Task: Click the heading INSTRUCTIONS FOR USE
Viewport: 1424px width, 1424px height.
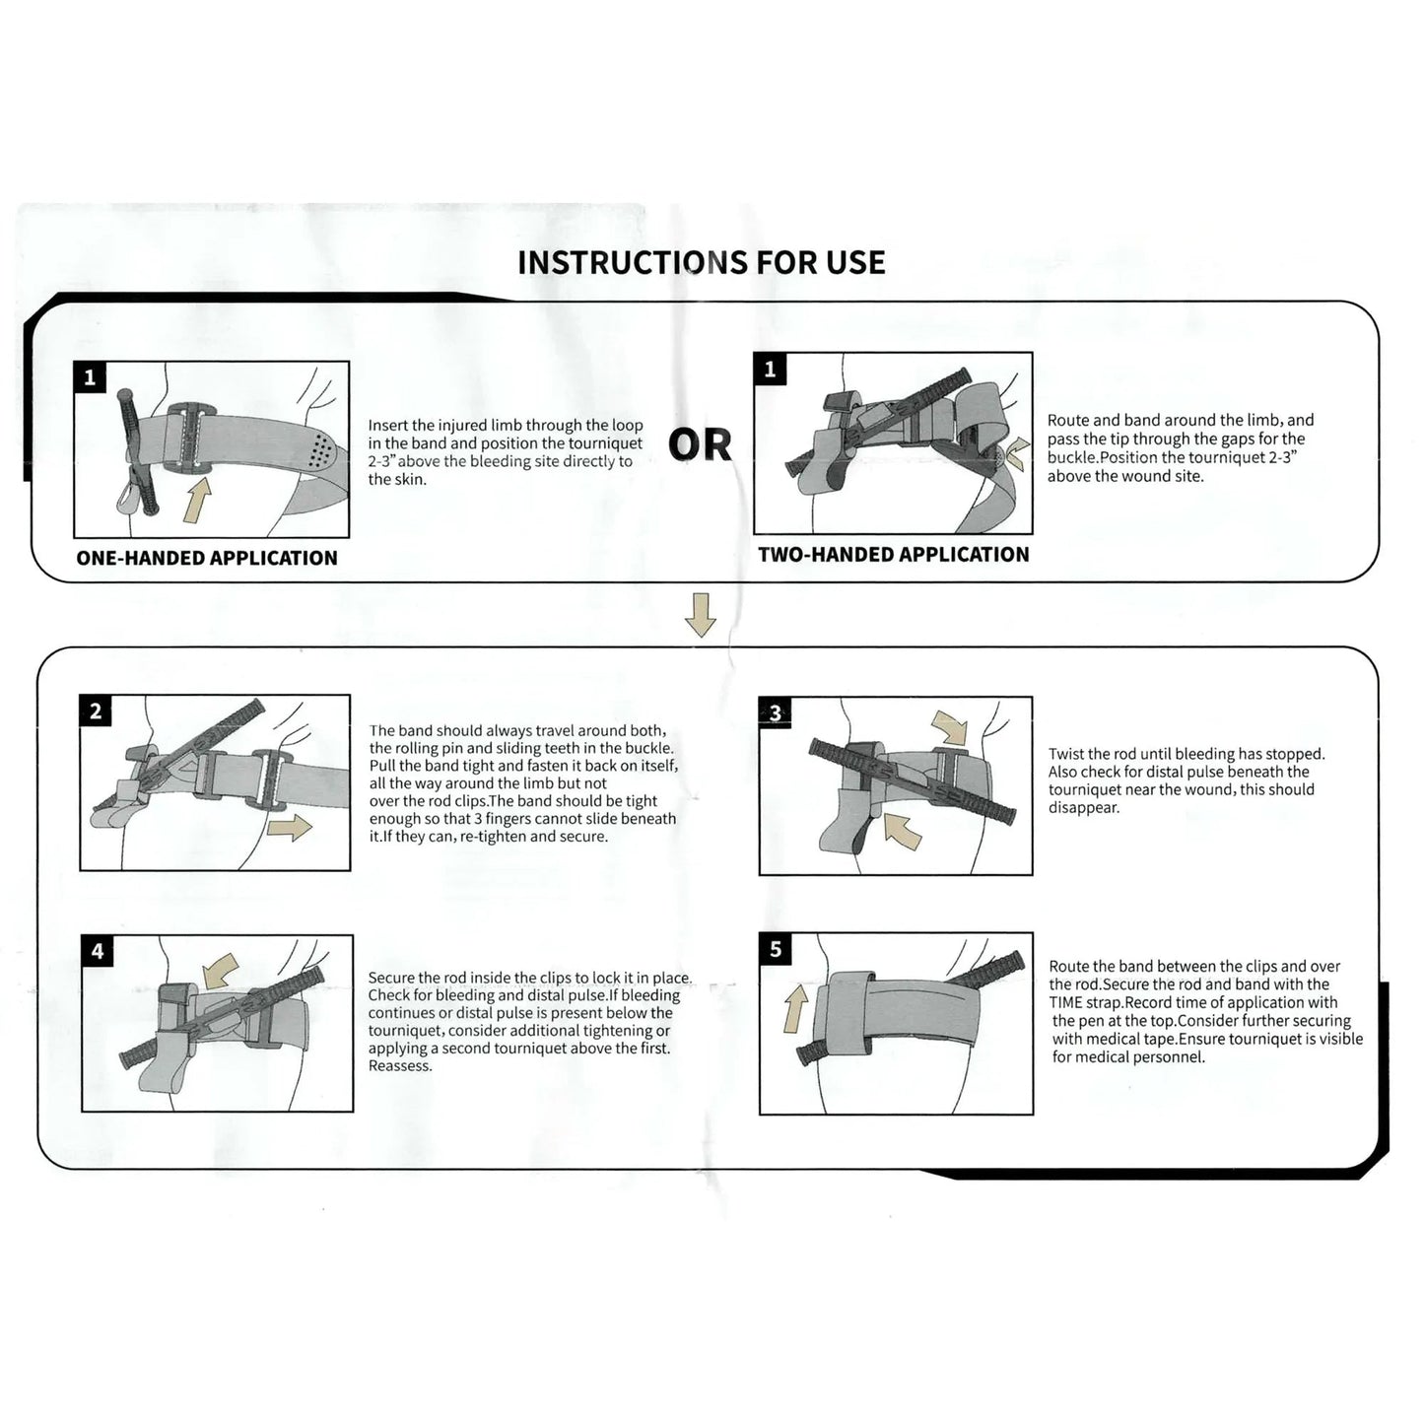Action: pos(701,262)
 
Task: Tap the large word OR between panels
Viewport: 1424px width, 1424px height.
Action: pos(700,445)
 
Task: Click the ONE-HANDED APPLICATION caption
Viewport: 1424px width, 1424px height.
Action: pos(207,558)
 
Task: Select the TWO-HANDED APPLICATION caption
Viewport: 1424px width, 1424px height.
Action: pos(893,555)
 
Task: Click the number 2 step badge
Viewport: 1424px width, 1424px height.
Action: pos(96,712)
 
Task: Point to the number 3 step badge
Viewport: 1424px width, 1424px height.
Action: pos(776,713)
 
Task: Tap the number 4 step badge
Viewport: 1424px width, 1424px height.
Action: pos(97,951)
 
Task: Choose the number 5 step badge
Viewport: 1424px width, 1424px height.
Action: pos(776,949)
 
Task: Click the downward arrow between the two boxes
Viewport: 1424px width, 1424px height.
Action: pos(700,614)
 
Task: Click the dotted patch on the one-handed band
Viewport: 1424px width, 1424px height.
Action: pos(319,452)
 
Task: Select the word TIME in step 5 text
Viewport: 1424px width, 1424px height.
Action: pos(1067,1002)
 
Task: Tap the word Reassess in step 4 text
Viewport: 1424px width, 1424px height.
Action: pos(400,1065)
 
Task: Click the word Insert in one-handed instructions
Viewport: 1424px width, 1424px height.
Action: pos(388,426)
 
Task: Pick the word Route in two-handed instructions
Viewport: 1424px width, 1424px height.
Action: pos(1067,421)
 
